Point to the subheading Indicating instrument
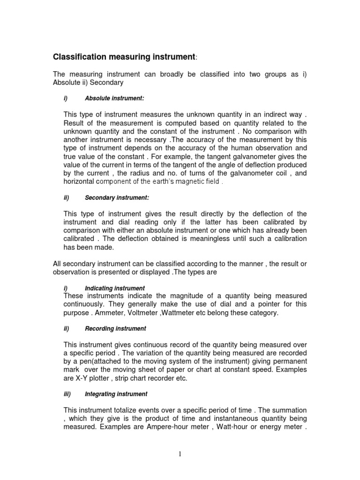coord(115,288)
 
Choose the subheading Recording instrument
coord(115,329)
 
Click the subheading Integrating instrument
coord(116,394)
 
